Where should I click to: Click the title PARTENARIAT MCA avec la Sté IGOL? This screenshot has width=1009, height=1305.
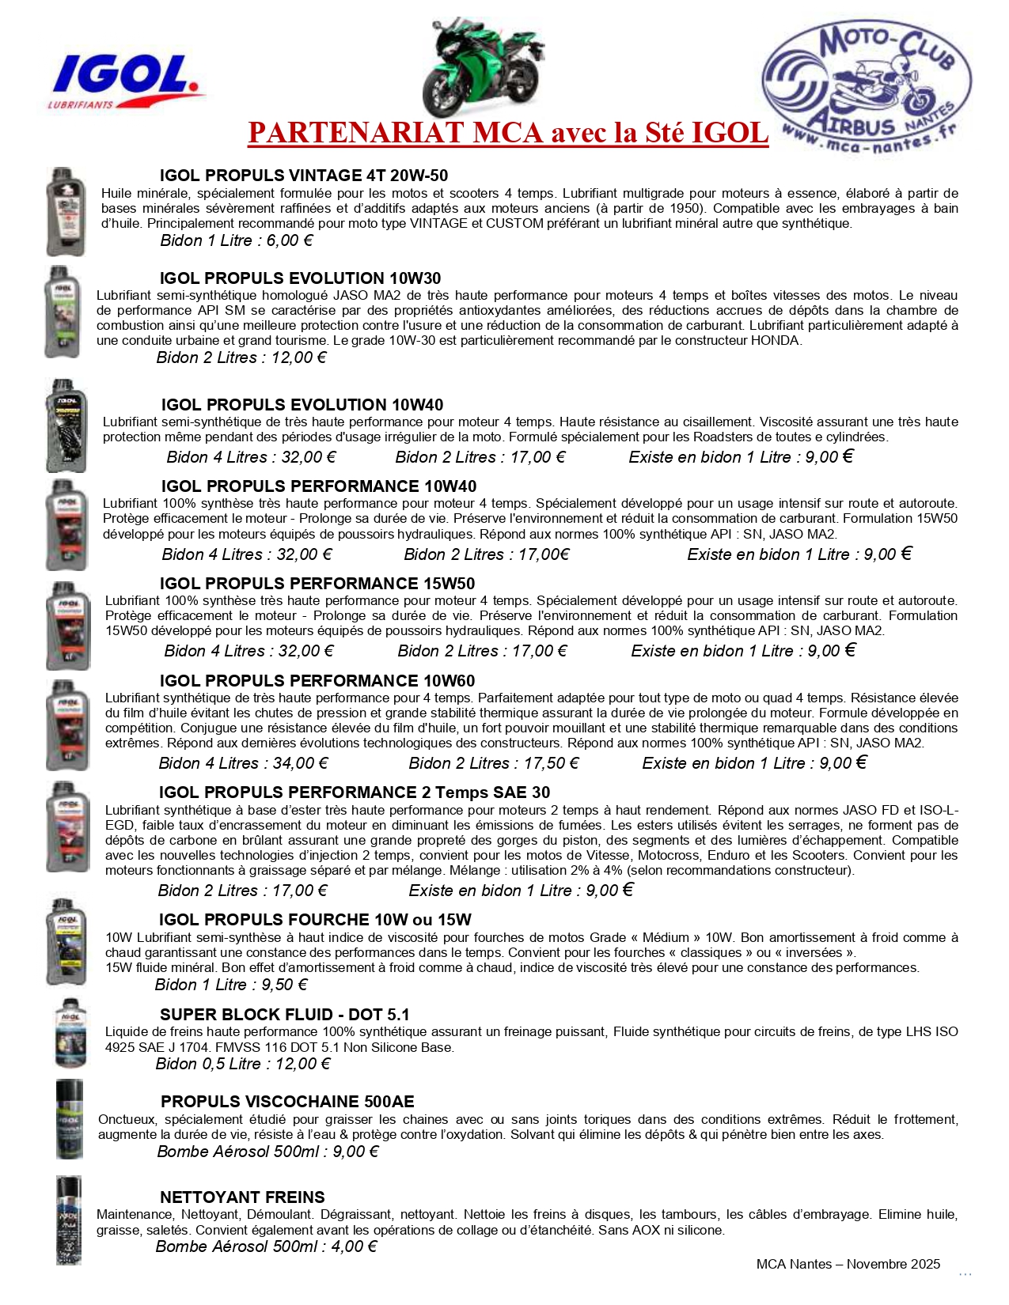pos(508,133)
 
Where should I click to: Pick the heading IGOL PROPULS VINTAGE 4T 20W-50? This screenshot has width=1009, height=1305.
pos(304,176)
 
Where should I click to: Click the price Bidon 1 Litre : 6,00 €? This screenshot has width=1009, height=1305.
pos(237,240)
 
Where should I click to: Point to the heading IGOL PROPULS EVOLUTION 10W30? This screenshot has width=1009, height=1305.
pos(300,278)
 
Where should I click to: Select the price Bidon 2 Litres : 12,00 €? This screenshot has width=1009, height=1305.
pos(241,357)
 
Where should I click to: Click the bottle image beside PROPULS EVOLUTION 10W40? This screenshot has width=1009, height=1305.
pos(66,425)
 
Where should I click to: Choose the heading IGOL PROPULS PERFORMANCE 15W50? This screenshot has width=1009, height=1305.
pos(317,584)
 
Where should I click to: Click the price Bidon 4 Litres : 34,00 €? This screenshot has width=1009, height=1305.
pos(244,763)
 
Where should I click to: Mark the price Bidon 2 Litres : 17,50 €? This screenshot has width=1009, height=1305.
pos(494,763)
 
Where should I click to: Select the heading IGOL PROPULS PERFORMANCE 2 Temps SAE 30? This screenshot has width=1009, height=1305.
pos(354,792)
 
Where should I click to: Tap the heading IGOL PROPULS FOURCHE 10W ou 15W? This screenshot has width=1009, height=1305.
pos(315,920)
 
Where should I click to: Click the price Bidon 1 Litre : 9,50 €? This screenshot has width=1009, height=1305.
pos(231,985)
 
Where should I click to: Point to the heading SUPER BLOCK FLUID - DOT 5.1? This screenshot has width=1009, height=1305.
pos(284,1015)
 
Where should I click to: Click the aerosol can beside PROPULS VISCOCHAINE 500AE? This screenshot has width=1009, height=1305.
pos(69,1118)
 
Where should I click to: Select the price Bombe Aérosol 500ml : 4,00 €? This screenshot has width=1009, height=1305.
pos(266,1246)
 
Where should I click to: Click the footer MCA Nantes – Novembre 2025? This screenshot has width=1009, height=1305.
pos(848,1264)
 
